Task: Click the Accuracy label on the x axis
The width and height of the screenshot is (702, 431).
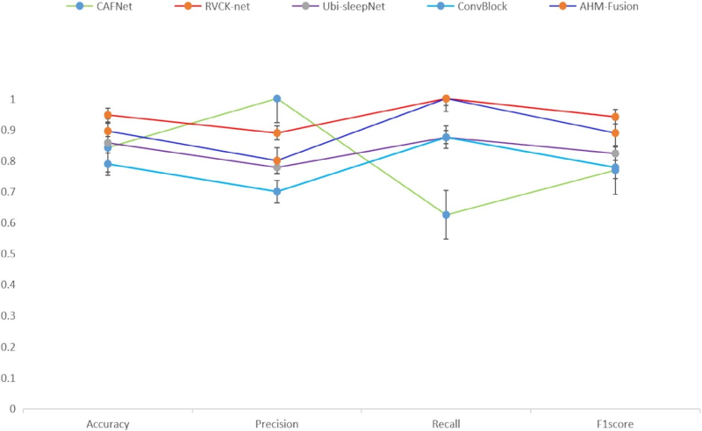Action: click(x=108, y=424)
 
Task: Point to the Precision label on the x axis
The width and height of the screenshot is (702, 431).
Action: click(x=276, y=424)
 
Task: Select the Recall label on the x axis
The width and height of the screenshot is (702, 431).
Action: click(x=446, y=424)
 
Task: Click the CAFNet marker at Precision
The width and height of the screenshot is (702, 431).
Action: click(x=276, y=99)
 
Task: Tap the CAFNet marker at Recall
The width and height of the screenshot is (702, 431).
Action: click(x=446, y=215)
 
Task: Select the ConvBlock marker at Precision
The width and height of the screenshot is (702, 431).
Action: click(x=276, y=191)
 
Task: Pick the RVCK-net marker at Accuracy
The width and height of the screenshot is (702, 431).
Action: click(x=108, y=115)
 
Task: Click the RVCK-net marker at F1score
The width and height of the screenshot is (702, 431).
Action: click(x=614, y=117)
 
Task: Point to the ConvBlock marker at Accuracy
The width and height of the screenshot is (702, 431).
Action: click(x=108, y=164)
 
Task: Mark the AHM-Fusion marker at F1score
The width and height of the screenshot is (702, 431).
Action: click(x=614, y=133)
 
